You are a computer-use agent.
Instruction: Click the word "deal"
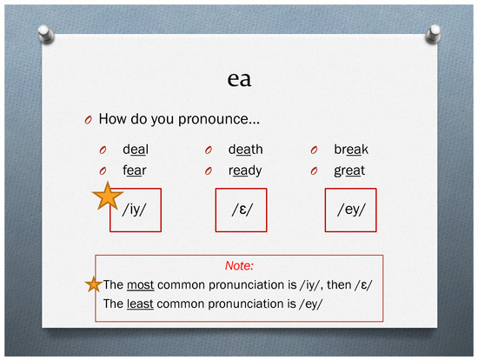(135, 150)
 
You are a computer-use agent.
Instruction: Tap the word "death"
(246, 150)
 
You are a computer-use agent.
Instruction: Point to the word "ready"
(245, 170)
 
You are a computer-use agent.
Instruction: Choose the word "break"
(351, 150)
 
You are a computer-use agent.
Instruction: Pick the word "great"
(349, 170)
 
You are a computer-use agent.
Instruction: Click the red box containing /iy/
(135, 210)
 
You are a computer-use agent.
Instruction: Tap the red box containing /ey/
(350, 210)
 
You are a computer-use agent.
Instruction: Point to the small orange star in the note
(93, 284)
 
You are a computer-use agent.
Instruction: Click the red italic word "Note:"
(238, 267)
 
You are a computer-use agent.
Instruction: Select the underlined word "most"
(140, 285)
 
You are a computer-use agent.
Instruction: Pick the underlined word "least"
(141, 303)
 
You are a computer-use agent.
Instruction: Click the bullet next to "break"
(315, 150)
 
